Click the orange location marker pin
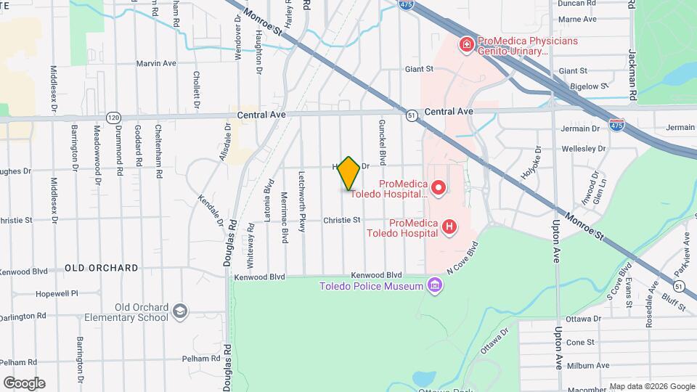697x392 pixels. pyautogui.click(x=348, y=173)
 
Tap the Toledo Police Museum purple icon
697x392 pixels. pyautogui.click(x=434, y=285)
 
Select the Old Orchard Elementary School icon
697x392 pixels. pyautogui.click(x=179, y=312)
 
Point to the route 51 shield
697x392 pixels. pyautogui.click(x=412, y=115)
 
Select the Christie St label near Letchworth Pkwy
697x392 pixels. pyautogui.click(x=341, y=220)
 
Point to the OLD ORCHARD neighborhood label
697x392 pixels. pyautogui.click(x=102, y=268)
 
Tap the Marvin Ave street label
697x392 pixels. pyautogui.click(x=156, y=64)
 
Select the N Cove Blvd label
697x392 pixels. pyautogui.click(x=464, y=259)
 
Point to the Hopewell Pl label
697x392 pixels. pyautogui.click(x=57, y=294)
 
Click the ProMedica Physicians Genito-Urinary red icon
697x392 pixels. pyautogui.click(x=465, y=46)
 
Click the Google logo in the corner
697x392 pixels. pyautogui.click(x=24, y=383)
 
